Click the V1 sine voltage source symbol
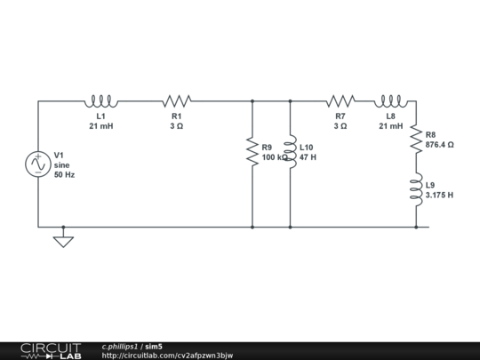click(38, 164)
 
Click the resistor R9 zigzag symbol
click(252, 152)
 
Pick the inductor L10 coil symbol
click(290, 152)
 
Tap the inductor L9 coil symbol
click(415, 189)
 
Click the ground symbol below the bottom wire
click(63, 239)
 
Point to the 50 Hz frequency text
click(64, 175)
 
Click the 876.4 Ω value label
click(439, 144)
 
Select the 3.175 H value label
click(439, 195)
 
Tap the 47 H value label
click(308, 157)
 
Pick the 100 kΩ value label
click(274, 157)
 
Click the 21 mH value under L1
click(100, 126)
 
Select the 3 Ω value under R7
click(340, 126)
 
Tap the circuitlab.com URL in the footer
click(167, 356)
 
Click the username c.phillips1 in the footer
click(120, 346)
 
